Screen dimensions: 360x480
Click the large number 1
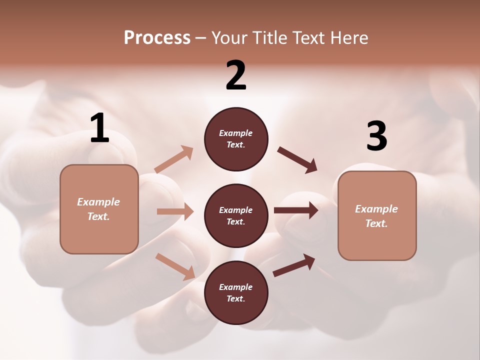[x=99, y=128]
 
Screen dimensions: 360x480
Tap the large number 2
[x=236, y=75]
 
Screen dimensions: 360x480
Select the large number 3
[x=376, y=136]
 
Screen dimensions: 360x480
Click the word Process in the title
[x=157, y=37]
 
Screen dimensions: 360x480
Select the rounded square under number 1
[x=99, y=209]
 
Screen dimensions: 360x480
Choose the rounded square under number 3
[x=377, y=215]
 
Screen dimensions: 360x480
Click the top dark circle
[x=236, y=139]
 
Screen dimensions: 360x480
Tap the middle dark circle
[x=236, y=215]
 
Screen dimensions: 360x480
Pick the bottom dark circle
[x=236, y=292]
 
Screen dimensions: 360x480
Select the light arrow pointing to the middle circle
[x=175, y=211]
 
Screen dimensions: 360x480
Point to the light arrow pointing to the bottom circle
[x=175, y=266]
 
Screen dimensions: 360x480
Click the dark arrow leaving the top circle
[x=297, y=160]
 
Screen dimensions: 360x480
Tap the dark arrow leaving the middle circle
[x=296, y=210]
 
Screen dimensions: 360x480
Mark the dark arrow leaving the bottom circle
[x=294, y=265]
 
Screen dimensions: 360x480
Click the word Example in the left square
[x=98, y=202]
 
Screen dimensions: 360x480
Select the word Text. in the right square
[x=376, y=223]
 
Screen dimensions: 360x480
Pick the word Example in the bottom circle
[x=236, y=287]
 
